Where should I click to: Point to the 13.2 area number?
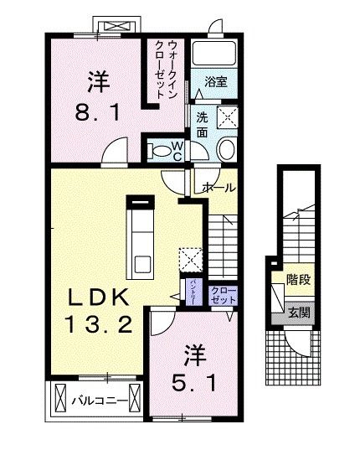coord(98,323)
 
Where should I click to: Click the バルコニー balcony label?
coord(105,401)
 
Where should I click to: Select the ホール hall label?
coord(219,188)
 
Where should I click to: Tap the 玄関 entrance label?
coord(298,313)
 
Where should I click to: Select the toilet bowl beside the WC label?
coord(158,151)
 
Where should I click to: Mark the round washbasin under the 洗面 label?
coord(225,149)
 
